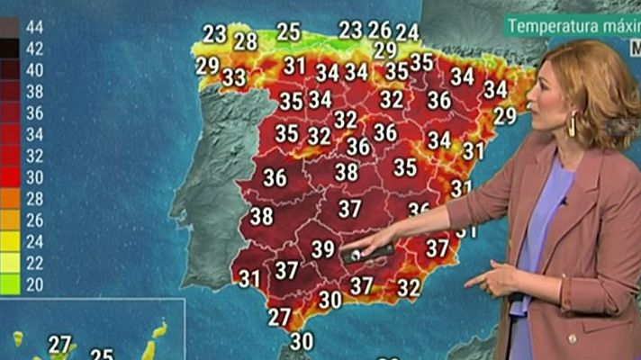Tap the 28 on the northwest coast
click(246, 41)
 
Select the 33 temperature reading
click(234, 77)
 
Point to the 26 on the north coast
click(380, 31)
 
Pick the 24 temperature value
click(407, 32)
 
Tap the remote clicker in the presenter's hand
click(368, 253)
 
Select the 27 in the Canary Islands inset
click(59, 345)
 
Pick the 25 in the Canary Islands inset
click(102, 355)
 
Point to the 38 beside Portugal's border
click(262, 217)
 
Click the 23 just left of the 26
click(350, 31)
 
